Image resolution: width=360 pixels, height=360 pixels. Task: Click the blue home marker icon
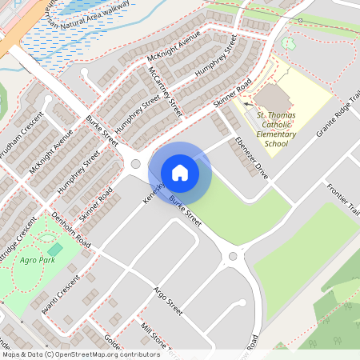point(180,172)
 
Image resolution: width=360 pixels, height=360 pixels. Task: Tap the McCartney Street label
point(162,90)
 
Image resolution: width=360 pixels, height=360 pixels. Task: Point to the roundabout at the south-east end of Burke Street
point(233,257)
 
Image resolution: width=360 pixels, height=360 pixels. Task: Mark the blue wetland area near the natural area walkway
point(48,48)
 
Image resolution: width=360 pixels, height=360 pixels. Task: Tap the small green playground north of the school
point(288,43)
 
